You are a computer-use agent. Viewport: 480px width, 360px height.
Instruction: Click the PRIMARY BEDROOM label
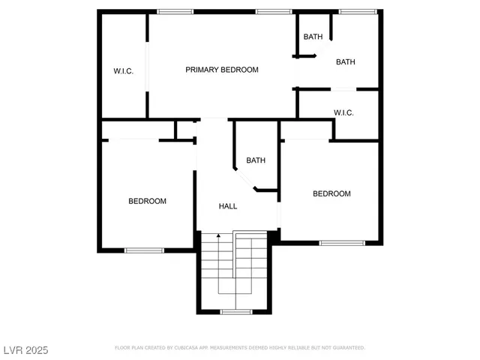click(x=222, y=70)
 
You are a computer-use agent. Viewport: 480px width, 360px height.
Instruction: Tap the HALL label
click(x=228, y=206)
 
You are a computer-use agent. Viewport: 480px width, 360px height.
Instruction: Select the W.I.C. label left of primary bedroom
click(x=123, y=71)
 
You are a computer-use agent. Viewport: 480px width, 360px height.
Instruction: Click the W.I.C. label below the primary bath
click(x=343, y=112)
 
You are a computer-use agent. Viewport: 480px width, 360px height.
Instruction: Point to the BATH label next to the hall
click(x=256, y=160)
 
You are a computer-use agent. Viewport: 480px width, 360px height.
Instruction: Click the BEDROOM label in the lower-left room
click(x=147, y=201)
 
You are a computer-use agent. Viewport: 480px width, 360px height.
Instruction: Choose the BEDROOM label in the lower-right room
click(x=331, y=193)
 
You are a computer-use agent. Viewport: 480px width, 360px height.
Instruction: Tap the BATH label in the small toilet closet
click(x=313, y=37)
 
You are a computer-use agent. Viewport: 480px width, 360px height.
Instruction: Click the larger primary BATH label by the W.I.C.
click(x=346, y=62)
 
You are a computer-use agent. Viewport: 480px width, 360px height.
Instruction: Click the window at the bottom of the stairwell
click(x=235, y=311)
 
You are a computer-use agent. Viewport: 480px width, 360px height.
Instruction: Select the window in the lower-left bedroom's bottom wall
click(x=144, y=250)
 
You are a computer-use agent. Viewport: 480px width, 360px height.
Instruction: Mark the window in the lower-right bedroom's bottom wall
click(x=342, y=243)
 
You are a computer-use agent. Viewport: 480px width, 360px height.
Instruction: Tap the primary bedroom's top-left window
click(x=175, y=11)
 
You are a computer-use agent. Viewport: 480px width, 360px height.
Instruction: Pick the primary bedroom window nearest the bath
click(x=273, y=11)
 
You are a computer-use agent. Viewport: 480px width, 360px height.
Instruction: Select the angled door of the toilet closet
click(x=319, y=48)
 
